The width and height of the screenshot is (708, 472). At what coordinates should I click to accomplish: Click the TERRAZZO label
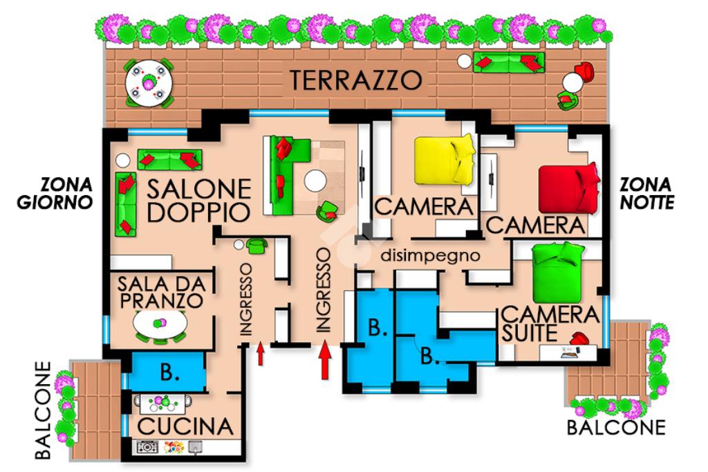pos(356,80)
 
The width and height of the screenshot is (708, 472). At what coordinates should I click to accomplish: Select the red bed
pos(569,188)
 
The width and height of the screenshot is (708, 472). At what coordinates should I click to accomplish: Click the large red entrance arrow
pos(325,361)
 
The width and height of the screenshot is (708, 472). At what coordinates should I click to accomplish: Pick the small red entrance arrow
pos(261,354)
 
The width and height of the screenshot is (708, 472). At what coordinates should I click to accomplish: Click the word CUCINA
pos(185,426)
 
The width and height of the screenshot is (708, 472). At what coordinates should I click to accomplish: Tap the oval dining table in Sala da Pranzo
pos(160,323)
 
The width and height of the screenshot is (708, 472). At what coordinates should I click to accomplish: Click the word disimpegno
pos(430,256)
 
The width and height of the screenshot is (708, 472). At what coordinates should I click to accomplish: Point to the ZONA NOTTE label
pos(646,194)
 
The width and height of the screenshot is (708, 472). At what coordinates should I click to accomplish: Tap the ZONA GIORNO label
pos(55,194)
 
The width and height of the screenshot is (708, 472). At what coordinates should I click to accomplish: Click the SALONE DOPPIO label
pos(198,201)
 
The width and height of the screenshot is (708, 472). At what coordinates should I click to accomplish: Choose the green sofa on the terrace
pos(509,62)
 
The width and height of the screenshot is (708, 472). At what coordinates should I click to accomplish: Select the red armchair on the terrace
pos(584,71)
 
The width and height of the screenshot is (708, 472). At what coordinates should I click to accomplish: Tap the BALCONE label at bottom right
pos(616,427)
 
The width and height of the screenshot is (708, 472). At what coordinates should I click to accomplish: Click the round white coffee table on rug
pos(315,181)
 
